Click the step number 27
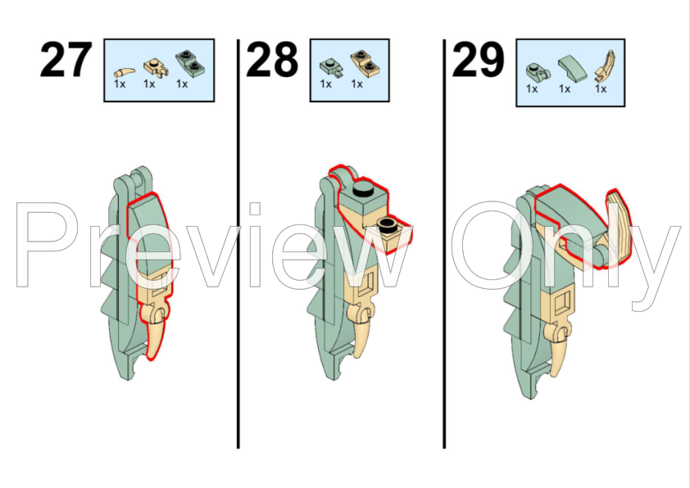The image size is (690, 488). coord(66,60)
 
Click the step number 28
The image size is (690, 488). coord(272,60)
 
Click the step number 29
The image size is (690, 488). coord(478,60)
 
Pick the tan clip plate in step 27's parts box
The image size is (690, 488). coord(156,67)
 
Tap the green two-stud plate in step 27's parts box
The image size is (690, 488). coord(190,63)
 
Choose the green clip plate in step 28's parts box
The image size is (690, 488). coord(330,68)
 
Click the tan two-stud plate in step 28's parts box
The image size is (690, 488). coord(365,63)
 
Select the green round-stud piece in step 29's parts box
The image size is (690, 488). coord(538,72)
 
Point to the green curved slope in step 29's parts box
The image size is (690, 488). coord(572,69)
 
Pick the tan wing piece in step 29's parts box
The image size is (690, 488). coord(604,66)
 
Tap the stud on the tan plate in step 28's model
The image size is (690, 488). coord(387,224)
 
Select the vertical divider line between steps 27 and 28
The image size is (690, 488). coord(238,244)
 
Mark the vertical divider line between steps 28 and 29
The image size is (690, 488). coord(444,244)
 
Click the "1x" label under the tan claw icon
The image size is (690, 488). coord(120,84)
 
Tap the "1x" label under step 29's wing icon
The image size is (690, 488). coord(601,88)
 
